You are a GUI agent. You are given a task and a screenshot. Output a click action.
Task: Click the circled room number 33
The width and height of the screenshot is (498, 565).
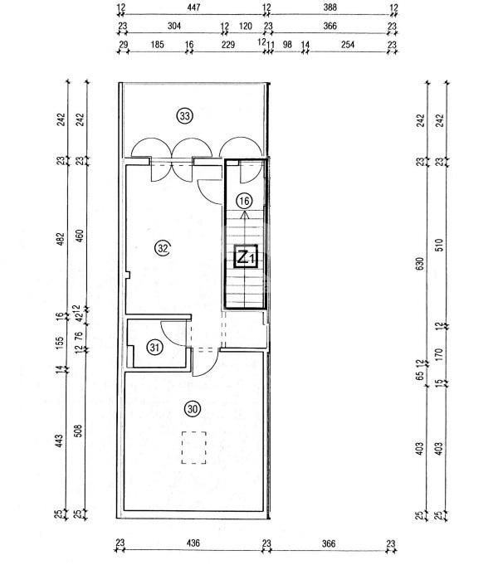pyautogui.click(x=184, y=116)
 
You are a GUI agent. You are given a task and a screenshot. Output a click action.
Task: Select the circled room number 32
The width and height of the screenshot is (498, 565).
pyautogui.click(x=163, y=247)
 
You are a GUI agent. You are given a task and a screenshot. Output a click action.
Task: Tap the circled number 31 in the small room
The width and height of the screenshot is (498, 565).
pyautogui.click(x=155, y=348)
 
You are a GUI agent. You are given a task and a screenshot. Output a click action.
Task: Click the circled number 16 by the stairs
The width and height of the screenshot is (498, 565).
pyautogui.click(x=243, y=201)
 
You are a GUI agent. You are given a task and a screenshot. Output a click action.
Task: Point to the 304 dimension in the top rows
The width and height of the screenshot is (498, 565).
pyautogui.click(x=173, y=26)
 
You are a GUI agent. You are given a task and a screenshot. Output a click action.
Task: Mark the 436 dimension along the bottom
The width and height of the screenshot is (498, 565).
pyautogui.click(x=193, y=544)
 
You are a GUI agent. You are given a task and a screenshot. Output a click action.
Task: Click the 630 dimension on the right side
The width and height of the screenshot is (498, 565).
pyautogui.click(x=420, y=263)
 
